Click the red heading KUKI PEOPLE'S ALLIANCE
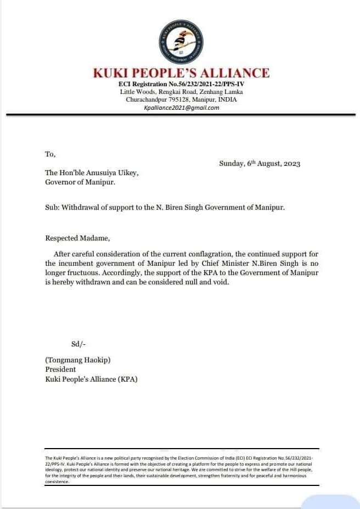pos(181,73)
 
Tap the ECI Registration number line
pos(181,83)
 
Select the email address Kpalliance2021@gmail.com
pos(181,108)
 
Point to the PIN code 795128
pos(190,100)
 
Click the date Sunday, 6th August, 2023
pos(260,164)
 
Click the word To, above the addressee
pos(50,154)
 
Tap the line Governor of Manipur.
pos(80,182)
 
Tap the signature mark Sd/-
pos(78,344)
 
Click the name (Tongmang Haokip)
pos(78,360)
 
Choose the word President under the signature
pos(60,370)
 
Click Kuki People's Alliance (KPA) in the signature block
pos(91,379)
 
